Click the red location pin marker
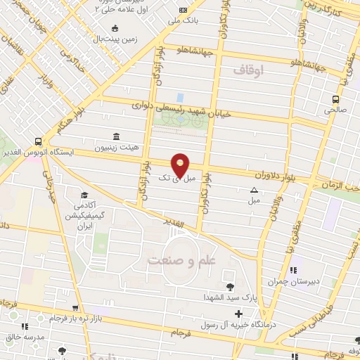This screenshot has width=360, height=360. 181,165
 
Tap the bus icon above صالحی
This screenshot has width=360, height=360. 335,99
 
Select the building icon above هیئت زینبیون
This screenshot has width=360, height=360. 115,137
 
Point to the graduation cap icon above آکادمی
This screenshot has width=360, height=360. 84,195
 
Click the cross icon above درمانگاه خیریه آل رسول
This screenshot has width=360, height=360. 239,314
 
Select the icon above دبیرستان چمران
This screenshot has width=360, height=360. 292,270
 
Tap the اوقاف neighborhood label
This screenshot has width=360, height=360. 247,71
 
